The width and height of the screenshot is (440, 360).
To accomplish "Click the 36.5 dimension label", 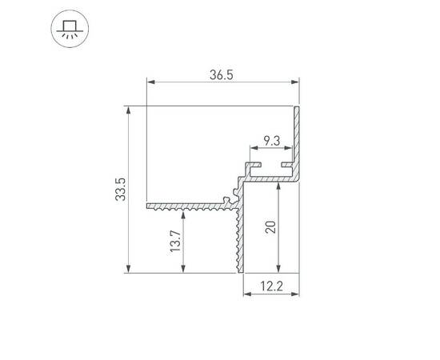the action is pos(222,75).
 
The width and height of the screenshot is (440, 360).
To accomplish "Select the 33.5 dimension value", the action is pos(121,189).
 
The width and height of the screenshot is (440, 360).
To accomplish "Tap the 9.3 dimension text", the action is pos(272,141).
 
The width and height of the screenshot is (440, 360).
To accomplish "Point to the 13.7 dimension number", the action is pos(175,241).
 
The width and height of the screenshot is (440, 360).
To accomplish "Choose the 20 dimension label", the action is pos(270,227).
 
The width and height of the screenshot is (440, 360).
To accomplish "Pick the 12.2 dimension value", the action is pos(271,286).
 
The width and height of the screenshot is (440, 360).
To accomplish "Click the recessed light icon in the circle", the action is pos(70,29).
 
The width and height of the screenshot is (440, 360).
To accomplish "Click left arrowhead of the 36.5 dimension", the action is pos(151,82).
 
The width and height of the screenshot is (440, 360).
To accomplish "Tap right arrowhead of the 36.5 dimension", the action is pos(295,82).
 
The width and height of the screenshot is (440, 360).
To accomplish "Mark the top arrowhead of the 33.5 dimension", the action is pos(129,110).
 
